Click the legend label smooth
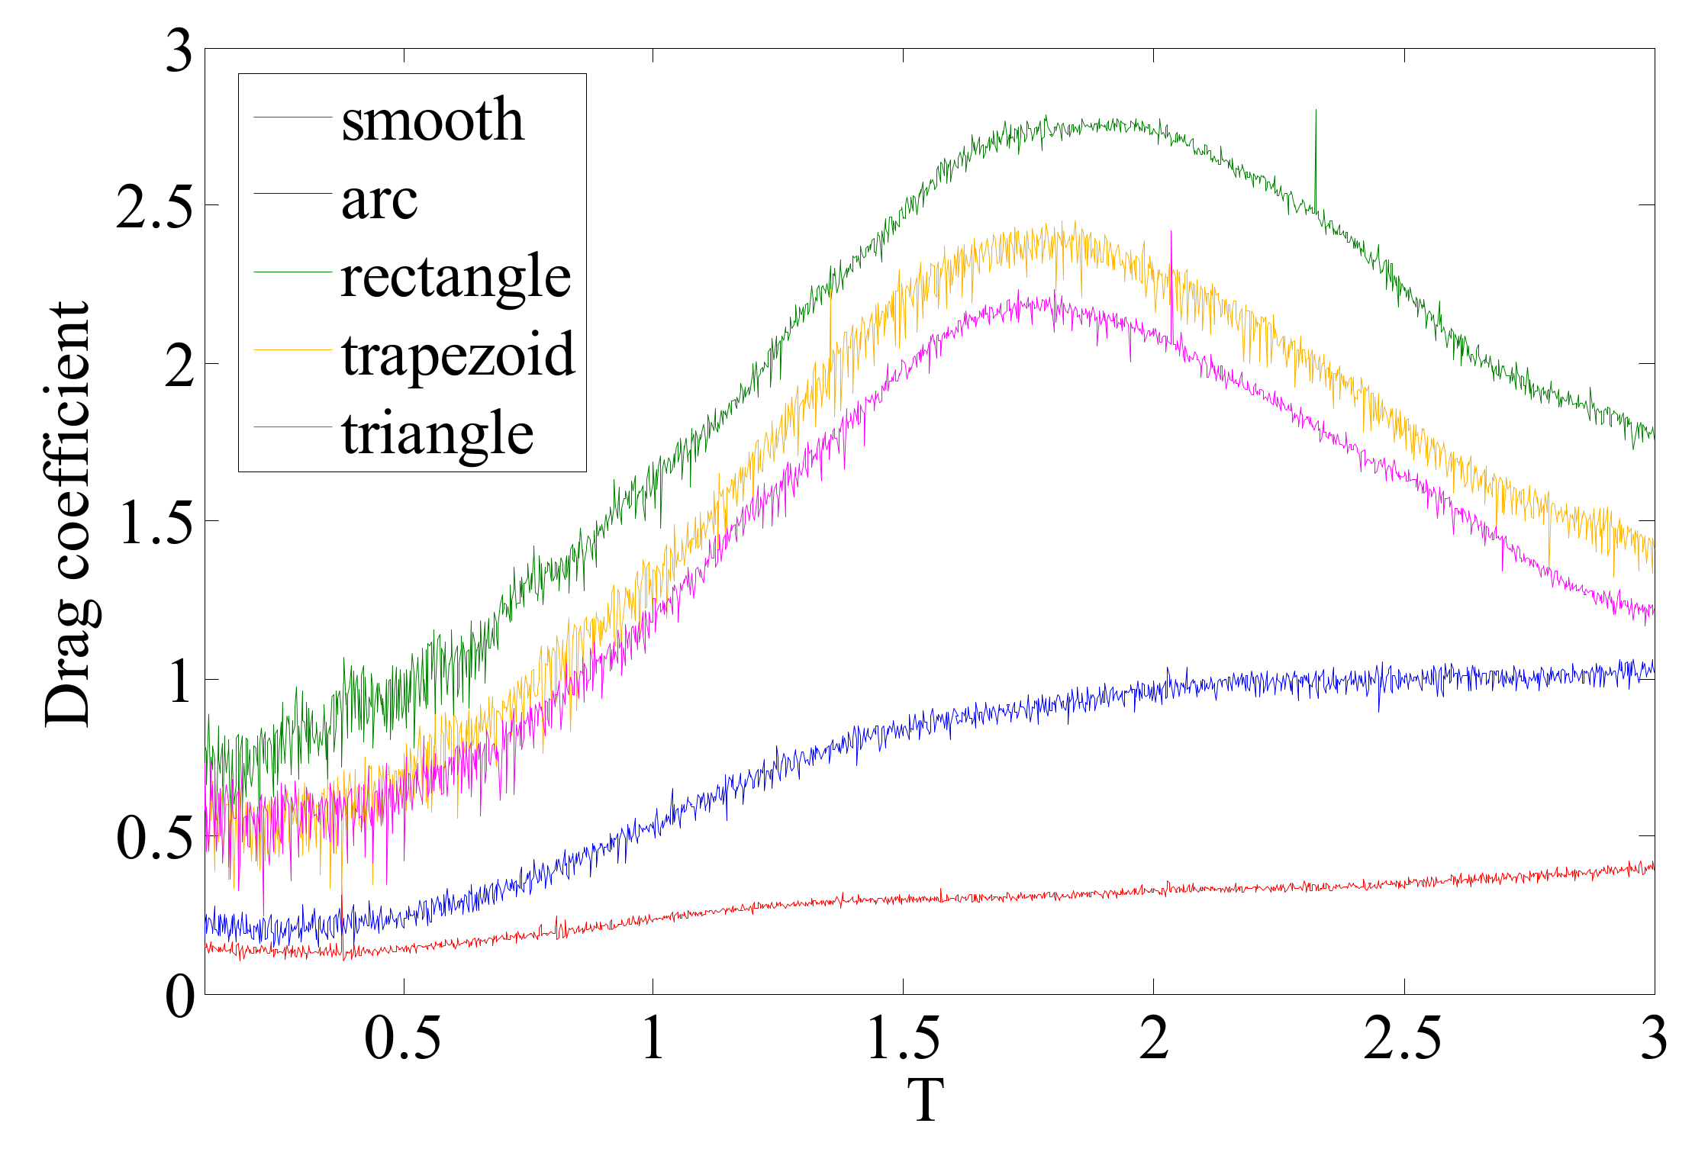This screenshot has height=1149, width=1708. [433, 121]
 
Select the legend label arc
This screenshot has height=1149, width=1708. [379, 201]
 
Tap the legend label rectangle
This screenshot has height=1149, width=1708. [456, 278]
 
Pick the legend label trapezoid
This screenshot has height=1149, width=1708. [458, 356]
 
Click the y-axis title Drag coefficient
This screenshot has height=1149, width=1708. [67, 515]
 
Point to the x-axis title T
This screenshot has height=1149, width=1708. [927, 1100]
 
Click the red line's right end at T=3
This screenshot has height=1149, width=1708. [1653, 867]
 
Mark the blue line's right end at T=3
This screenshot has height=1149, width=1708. [1653, 668]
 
